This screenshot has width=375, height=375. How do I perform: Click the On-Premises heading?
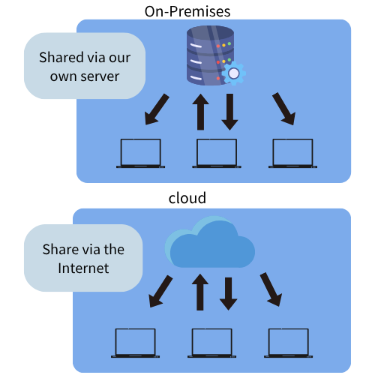(x=187, y=11)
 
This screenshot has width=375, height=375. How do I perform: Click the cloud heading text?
(x=187, y=198)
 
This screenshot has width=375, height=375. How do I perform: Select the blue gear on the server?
(x=233, y=73)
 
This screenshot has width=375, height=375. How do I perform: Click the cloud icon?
(x=210, y=242)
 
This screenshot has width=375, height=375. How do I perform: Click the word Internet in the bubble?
(x=83, y=268)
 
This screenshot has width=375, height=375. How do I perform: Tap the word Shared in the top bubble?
(x=61, y=57)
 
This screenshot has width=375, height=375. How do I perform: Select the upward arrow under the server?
(x=200, y=112)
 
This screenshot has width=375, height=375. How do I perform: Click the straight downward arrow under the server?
(x=229, y=112)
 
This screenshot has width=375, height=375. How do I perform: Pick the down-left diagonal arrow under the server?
(x=157, y=109)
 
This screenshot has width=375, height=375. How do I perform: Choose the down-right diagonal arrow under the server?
(x=284, y=109)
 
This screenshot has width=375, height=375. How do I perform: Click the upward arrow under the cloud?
(x=200, y=292)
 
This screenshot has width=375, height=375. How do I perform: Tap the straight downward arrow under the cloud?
(x=228, y=294)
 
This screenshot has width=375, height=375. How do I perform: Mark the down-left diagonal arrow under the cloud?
(x=160, y=291)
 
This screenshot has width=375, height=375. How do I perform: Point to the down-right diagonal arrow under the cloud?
(x=271, y=289)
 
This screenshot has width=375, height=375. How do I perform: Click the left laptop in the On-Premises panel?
(x=140, y=153)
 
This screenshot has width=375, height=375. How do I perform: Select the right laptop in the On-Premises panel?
(x=292, y=153)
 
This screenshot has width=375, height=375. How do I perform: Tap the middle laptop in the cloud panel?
(x=211, y=343)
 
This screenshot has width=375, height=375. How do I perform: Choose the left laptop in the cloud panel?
(x=135, y=343)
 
